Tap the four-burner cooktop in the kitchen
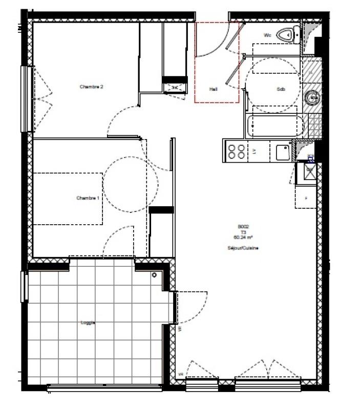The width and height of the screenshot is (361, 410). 236,151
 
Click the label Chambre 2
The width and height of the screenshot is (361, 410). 92,87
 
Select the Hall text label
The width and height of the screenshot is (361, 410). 214,89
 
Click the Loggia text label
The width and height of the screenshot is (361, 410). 88,323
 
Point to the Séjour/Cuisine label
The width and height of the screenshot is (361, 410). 243,248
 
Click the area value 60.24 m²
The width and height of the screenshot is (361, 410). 243,237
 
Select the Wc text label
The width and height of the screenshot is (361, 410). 267,35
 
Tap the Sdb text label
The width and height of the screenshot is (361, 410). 281,89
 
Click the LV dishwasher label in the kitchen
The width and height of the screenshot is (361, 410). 254,151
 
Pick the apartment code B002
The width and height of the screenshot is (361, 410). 243,226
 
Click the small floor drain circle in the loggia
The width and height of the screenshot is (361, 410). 154,275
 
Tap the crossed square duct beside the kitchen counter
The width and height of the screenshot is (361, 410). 310,170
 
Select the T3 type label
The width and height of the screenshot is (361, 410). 243,231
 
